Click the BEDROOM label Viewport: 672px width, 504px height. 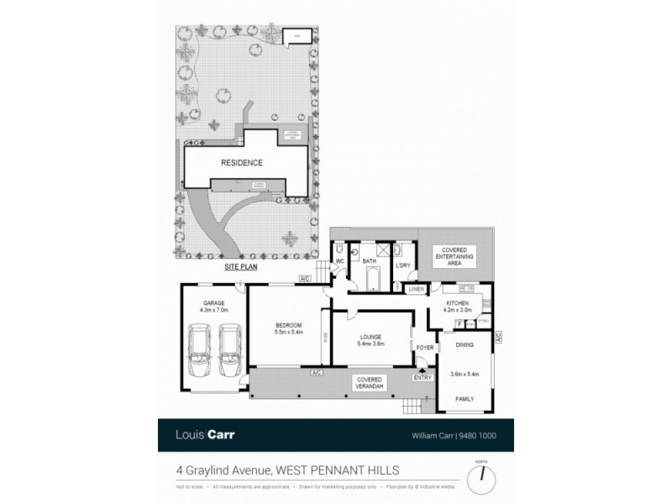tap(288, 325)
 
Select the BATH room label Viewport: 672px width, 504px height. tap(369, 261)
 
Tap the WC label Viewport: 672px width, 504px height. tap(342, 261)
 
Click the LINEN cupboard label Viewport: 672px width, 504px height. tap(416, 290)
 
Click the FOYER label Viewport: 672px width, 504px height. tap(423, 345)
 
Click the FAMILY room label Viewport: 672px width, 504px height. tap(465, 399)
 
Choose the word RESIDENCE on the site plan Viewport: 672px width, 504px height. tap(242, 163)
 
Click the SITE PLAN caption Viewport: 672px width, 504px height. tap(240, 266)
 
